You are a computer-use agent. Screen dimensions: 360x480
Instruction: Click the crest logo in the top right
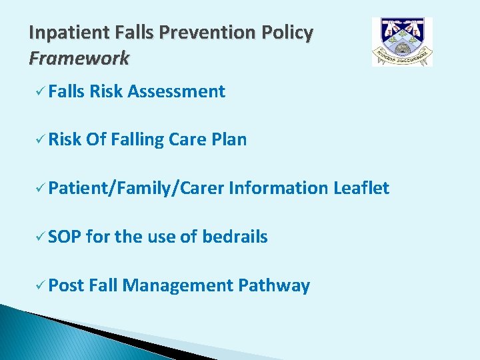click(402, 42)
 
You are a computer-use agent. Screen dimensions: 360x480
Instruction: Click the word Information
click(278, 188)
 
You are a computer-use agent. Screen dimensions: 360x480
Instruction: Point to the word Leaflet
click(361, 188)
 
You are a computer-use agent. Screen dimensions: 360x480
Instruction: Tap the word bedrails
click(235, 237)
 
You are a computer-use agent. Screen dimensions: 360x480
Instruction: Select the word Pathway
click(274, 286)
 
